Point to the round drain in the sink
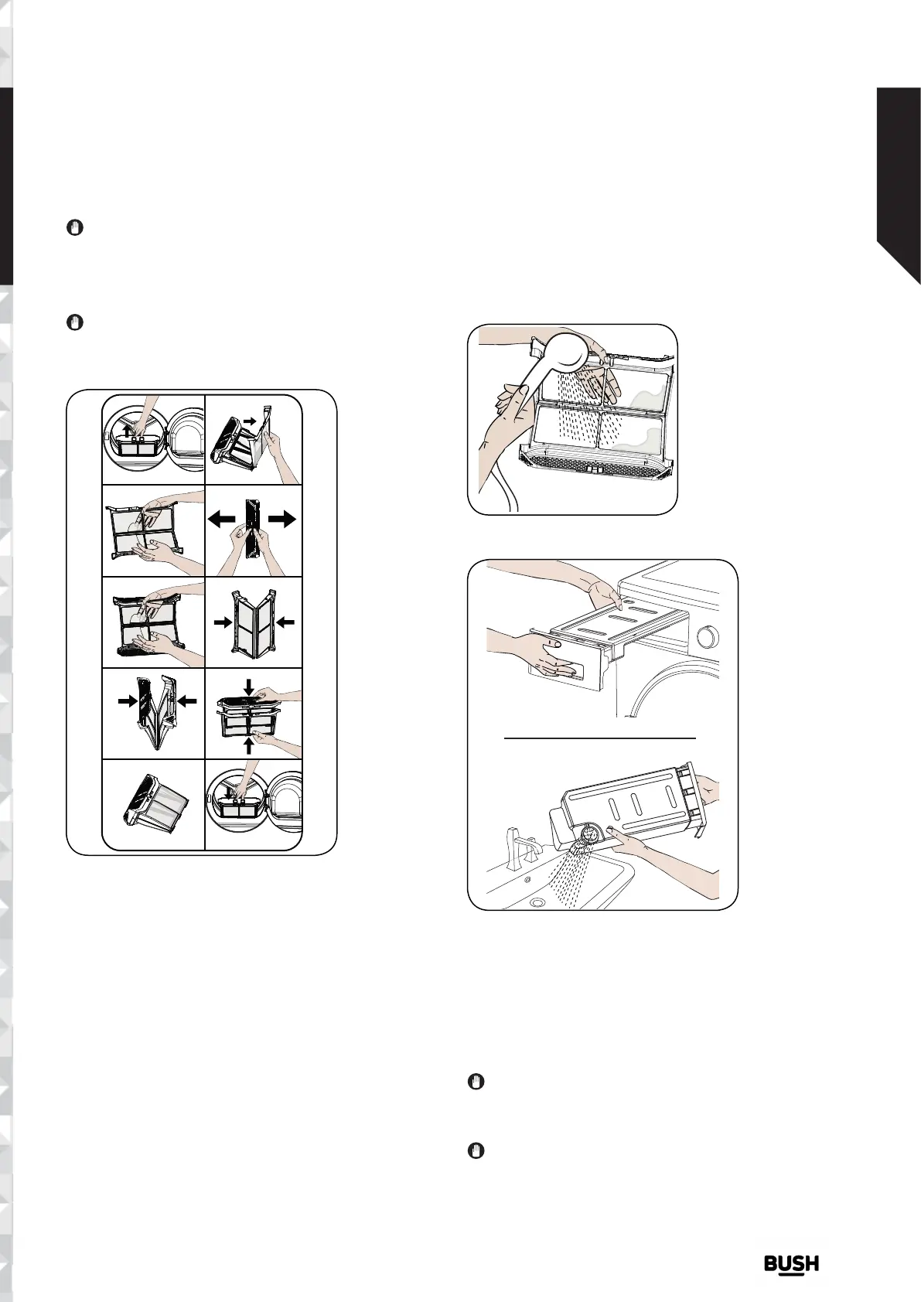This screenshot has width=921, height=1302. [537, 902]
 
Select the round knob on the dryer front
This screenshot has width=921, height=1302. [704, 639]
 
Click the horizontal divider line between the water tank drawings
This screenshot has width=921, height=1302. [600, 738]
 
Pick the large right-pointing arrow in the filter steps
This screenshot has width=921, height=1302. [282, 520]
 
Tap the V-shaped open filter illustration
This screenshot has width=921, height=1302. [154, 712]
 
